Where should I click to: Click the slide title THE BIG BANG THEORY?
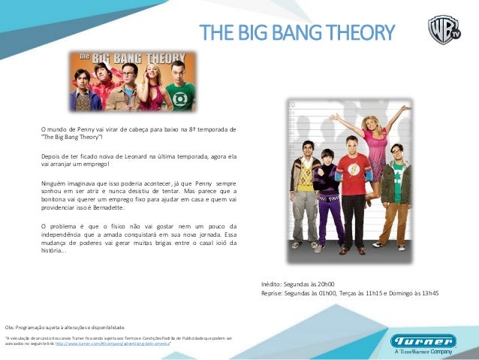(297, 32)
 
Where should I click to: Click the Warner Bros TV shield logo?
(444, 30)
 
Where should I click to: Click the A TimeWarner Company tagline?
(423, 351)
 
